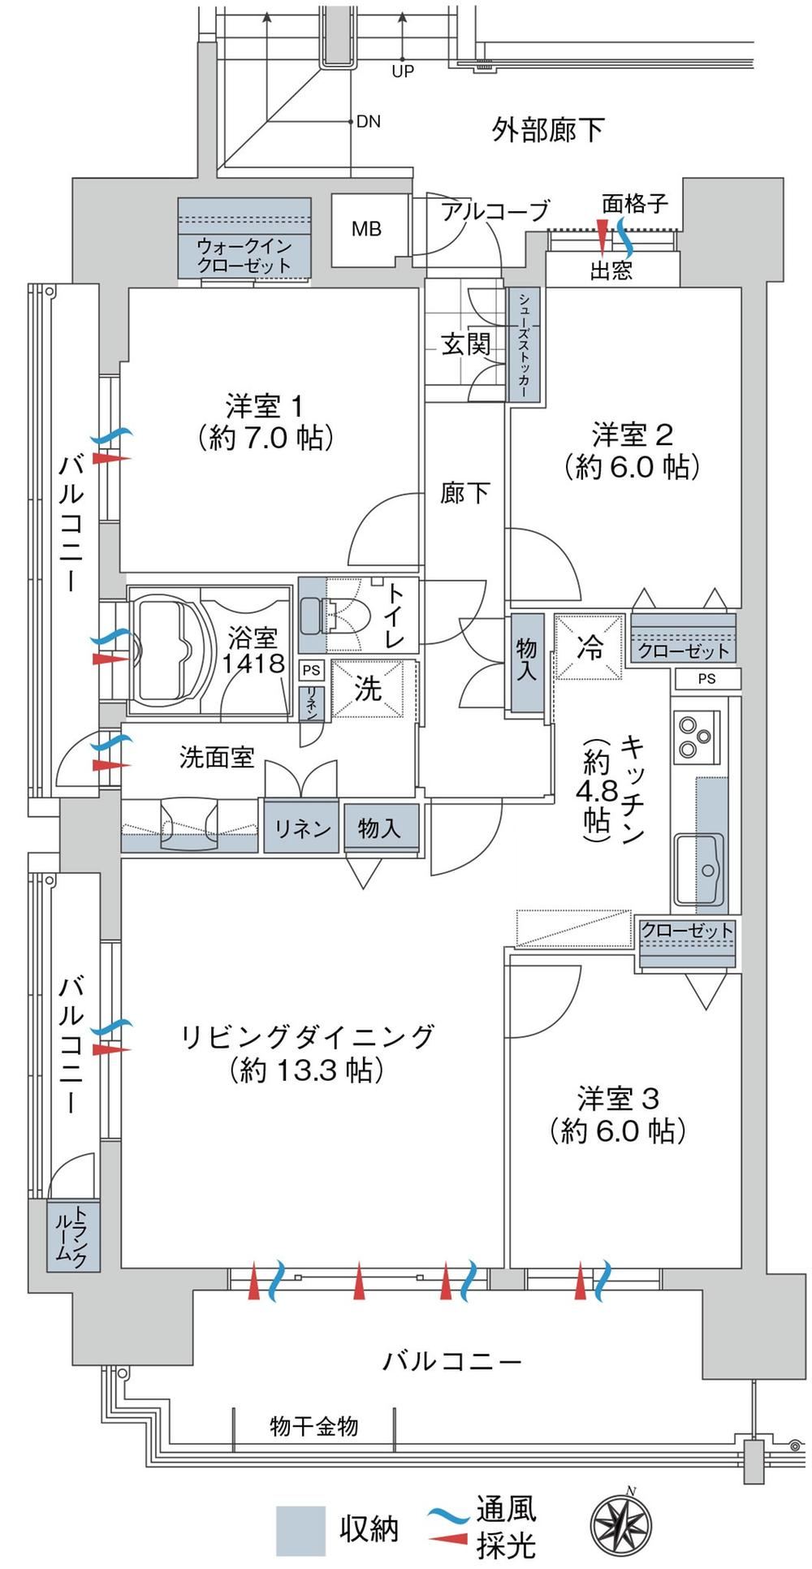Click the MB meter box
[x=366, y=230]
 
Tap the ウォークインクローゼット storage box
[x=244, y=237]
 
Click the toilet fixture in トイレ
[x=335, y=616]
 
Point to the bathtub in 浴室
[x=167, y=648]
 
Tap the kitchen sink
[x=701, y=871]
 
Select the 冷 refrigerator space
[x=590, y=646]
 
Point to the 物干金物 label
[x=314, y=1426]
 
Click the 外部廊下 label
[x=548, y=129]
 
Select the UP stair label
[x=403, y=71]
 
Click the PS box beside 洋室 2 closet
[x=706, y=678]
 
